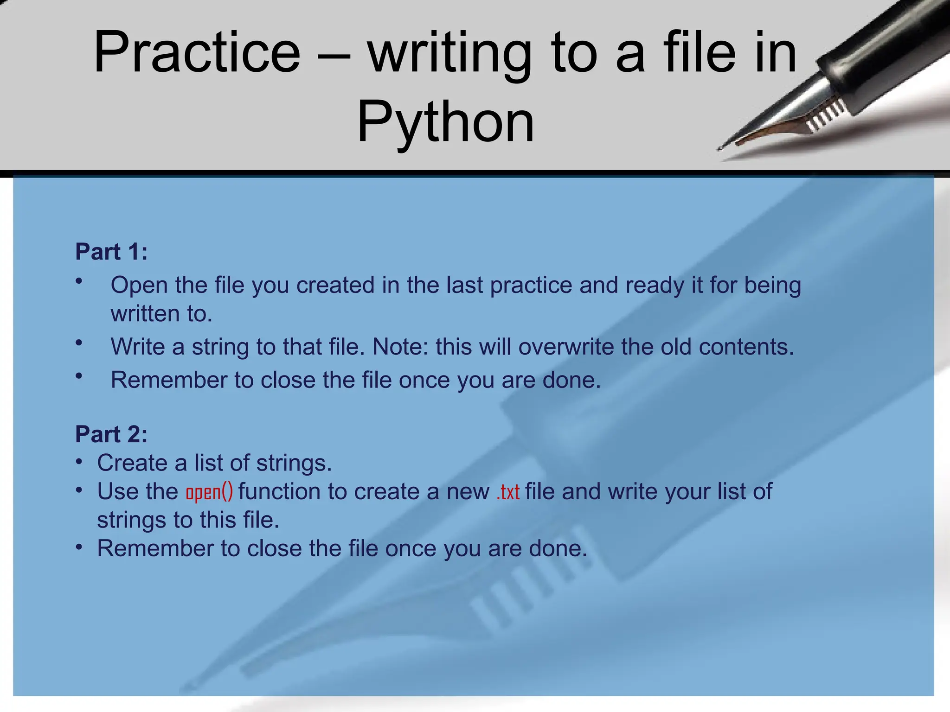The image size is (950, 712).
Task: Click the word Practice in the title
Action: (x=197, y=52)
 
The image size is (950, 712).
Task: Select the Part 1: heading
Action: (x=111, y=252)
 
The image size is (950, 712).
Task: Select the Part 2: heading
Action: (x=111, y=434)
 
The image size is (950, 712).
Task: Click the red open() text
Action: (x=209, y=492)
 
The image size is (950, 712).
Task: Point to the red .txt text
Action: (x=507, y=492)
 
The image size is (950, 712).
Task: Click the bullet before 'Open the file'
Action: (x=79, y=280)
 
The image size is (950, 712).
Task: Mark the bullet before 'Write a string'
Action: (x=79, y=343)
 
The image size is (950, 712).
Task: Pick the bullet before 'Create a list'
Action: (x=79, y=462)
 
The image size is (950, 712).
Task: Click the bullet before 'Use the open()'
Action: (x=79, y=490)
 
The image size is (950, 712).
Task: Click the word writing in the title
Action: (x=449, y=52)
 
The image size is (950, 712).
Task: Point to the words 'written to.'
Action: (x=161, y=314)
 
